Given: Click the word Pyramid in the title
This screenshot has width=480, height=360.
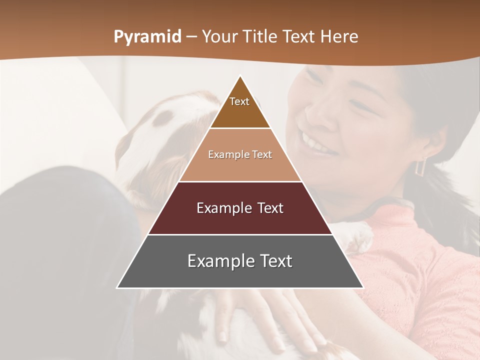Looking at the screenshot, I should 147,37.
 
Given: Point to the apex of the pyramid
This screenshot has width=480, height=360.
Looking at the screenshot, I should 240,76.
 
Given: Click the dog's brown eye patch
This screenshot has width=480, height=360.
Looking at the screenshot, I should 162,117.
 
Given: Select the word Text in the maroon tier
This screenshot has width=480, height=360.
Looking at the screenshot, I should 270,208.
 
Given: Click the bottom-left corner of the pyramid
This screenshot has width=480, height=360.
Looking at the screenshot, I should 117,287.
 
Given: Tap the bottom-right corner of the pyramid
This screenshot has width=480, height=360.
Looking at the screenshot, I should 363,287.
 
